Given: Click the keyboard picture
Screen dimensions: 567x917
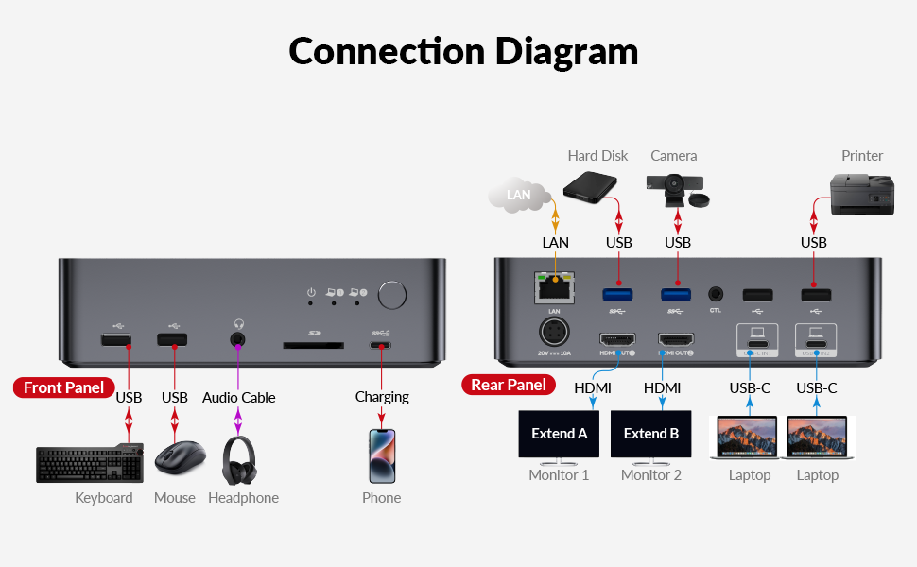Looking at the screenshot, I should [90, 463].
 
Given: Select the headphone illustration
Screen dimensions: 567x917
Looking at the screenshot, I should [243, 459].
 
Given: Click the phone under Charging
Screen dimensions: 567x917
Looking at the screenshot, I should [382, 456].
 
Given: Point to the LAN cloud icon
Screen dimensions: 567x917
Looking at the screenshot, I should [519, 195].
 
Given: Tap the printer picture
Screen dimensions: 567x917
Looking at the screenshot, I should [861, 193].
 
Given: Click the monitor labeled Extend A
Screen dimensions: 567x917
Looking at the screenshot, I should [560, 435].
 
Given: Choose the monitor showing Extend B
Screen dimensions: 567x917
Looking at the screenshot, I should [651, 435].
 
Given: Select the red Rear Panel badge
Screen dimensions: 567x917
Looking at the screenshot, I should [508, 385].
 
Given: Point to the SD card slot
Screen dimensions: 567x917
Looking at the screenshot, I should [314, 346].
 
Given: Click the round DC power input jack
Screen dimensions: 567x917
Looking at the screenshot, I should [555, 335].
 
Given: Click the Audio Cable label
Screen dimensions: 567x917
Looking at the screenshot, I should [238, 397].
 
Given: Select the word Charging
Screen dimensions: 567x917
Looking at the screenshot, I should [382, 397].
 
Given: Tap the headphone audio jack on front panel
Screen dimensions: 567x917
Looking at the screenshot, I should [238, 338].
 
